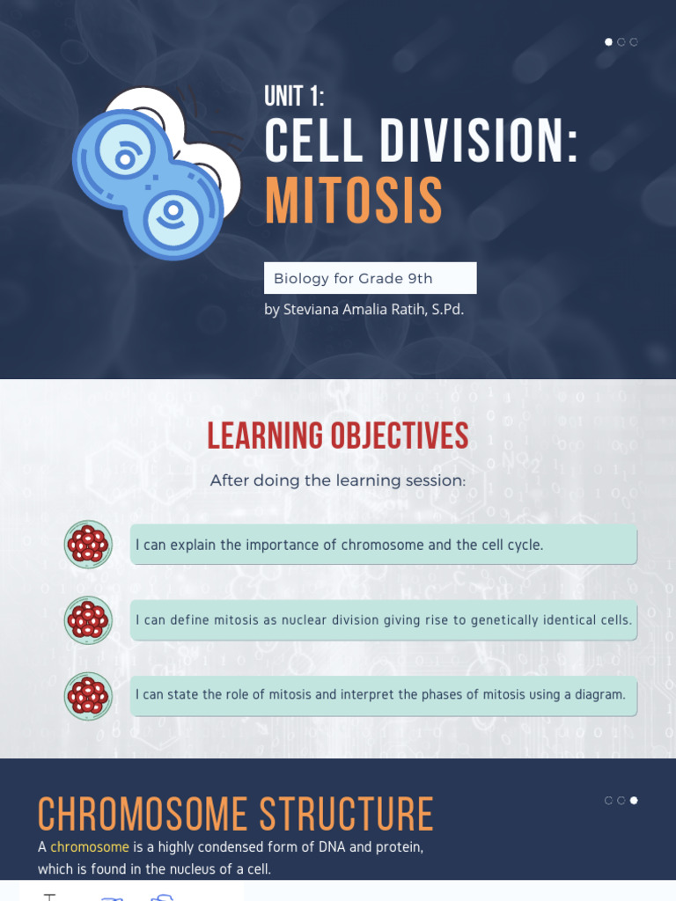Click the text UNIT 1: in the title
(x=295, y=97)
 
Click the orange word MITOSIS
(x=354, y=201)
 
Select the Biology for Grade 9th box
(x=370, y=278)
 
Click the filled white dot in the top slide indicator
(x=608, y=42)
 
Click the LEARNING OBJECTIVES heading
(x=338, y=436)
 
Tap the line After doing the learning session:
(x=338, y=481)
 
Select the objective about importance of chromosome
(x=383, y=546)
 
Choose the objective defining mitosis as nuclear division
(x=383, y=620)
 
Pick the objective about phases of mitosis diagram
(x=383, y=695)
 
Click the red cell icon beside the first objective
(x=88, y=545)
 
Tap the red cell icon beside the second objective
(x=88, y=620)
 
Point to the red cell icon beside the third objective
(x=88, y=696)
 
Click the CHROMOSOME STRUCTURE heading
(x=236, y=815)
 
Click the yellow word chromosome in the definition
(x=90, y=847)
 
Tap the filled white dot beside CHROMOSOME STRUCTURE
(x=634, y=801)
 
